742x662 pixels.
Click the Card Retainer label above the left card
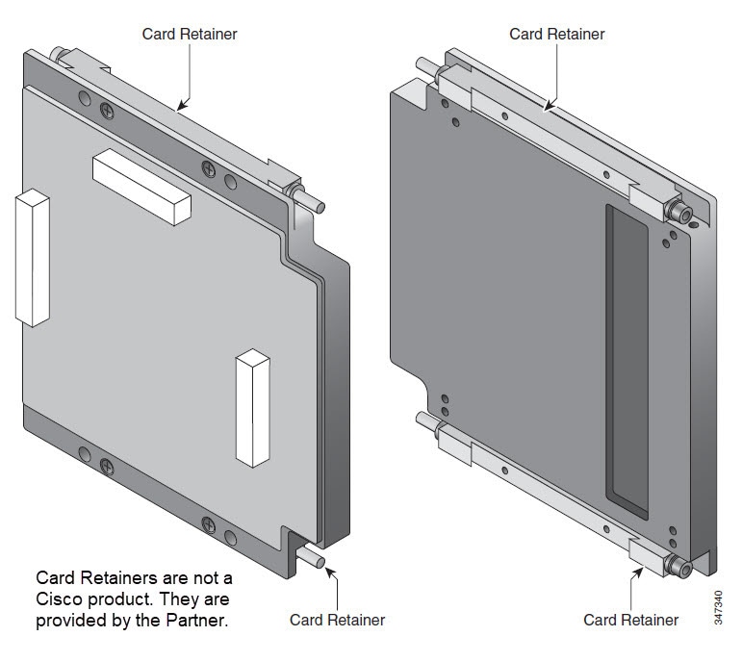pos(190,34)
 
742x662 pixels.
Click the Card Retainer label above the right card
pos(557,34)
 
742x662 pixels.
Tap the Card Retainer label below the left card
pos(338,620)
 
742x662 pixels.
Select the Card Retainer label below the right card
pos(630,620)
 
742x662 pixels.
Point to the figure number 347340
pos(718,607)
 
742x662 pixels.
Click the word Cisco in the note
pos(59,599)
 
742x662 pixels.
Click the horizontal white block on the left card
pos(142,187)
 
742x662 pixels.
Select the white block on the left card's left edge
pos(33,258)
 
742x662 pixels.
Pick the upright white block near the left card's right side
pos(253,408)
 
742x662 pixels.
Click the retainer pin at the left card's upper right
pos(310,200)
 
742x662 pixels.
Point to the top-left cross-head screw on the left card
pos(108,112)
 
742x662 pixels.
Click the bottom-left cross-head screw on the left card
pos(107,467)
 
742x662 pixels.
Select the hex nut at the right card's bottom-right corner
pos(678,566)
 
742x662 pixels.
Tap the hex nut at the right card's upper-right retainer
pos(678,212)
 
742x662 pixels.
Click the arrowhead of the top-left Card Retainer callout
pos(182,106)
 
